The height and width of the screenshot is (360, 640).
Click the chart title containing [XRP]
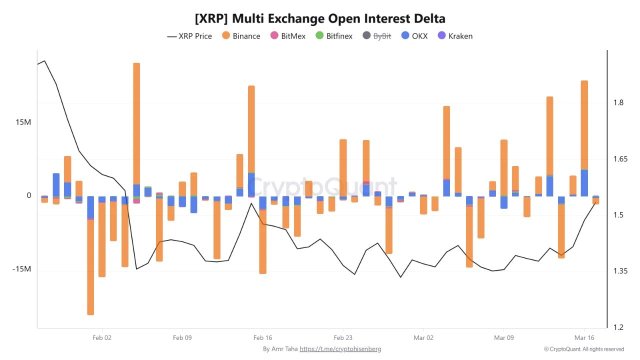[320, 17]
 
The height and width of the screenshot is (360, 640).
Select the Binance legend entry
[241, 36]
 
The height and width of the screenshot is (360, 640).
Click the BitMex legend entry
[293, 36]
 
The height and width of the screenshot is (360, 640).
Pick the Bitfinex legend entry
[341, 36]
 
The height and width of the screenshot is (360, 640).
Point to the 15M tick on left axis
[21, 122]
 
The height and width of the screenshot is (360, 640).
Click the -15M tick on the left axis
[20, 270]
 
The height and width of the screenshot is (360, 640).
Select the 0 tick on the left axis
[28, 196]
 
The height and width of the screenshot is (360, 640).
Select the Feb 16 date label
[262, 337]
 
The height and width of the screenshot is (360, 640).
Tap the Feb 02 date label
[101, 337]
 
